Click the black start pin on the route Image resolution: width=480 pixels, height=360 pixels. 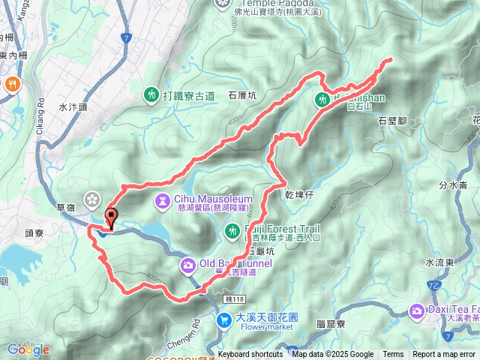pos(112,217)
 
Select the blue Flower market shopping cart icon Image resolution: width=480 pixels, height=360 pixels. pos(223,320)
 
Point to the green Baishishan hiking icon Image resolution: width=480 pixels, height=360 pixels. pos(323,99)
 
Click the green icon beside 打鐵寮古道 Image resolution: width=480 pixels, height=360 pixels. pos(151,94)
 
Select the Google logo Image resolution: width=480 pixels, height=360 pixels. pos(28,349)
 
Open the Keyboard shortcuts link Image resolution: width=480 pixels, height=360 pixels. pos(250,355)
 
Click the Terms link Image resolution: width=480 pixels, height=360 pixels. pos(393,355)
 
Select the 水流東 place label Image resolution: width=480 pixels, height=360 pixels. pos(439,262)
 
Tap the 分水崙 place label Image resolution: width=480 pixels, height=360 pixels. pos(453,184)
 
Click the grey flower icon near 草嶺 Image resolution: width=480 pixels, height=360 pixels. pos(91,199)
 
